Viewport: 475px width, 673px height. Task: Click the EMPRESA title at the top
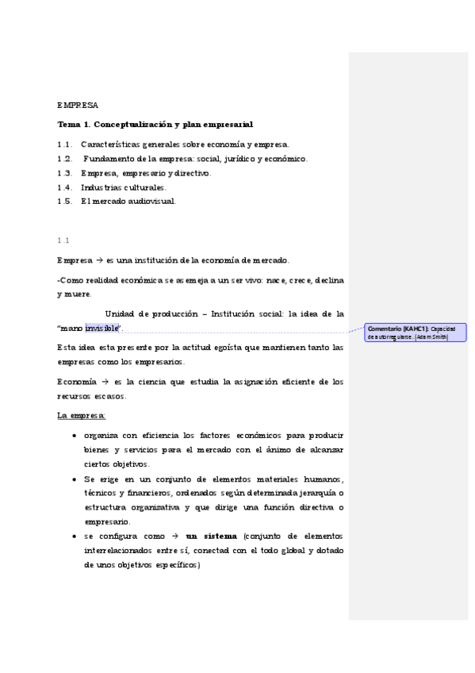point(78,105)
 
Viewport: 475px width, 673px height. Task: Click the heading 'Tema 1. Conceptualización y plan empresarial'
point(155,125)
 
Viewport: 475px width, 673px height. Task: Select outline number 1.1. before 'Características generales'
point(65,144)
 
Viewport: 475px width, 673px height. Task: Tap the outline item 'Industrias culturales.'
point(124,187)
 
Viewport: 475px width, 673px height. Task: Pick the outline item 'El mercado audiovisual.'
point(128,202)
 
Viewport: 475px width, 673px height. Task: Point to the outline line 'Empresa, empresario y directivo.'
point(146,173)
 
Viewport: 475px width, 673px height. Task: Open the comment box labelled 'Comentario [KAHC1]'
point(416,333)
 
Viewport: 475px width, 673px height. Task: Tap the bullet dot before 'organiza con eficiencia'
point(74,436)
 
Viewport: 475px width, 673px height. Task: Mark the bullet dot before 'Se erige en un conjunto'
point(74,479)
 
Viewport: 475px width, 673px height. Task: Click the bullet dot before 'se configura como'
point(74,537)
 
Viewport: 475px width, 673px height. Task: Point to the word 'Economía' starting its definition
point(77,382)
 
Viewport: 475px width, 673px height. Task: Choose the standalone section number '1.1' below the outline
point(63,240)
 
